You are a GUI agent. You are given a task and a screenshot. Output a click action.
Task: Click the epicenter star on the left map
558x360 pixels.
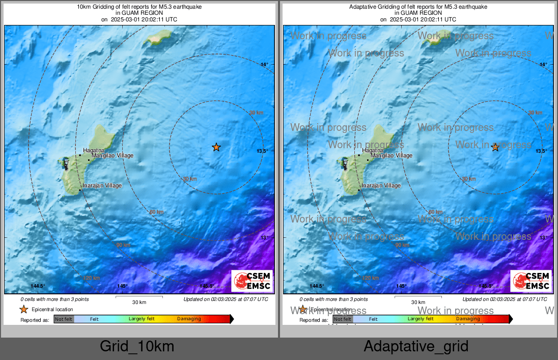[x=216, y=147]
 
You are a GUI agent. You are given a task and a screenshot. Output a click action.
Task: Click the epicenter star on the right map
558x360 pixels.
[x=495, y=147]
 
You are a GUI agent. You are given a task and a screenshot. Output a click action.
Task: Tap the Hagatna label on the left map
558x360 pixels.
[x=94, y=150]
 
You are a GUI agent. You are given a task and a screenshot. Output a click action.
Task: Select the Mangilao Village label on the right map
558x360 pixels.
[x=391, y=155]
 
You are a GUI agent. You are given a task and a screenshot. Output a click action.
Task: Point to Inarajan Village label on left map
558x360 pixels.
[x=102, y=186]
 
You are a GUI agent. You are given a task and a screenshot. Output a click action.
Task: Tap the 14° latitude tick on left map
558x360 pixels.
[x=264, y=65]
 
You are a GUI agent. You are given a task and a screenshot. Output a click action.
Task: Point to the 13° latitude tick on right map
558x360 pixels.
[x=543, y=238]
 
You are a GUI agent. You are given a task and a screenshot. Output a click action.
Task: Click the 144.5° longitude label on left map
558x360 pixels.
[x=38, y=286]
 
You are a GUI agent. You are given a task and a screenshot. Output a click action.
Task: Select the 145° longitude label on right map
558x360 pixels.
[x=401, y=286]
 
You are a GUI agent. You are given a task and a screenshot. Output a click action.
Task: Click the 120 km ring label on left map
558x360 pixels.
[x=92, y=278]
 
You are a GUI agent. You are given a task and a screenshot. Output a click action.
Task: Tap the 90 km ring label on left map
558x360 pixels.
[x=123, y=245]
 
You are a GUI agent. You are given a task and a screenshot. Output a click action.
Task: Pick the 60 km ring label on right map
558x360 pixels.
[x=436, y=212]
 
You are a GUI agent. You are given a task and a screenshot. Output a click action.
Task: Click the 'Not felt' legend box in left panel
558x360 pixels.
[x=64, y=319]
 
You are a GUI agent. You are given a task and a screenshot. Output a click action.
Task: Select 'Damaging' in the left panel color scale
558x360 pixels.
[x=189, y=319]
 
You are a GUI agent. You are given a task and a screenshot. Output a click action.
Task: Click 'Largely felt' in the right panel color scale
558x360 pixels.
[x=421, y=319]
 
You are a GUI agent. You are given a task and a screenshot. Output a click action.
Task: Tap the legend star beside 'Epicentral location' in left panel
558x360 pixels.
[x=23, y=309]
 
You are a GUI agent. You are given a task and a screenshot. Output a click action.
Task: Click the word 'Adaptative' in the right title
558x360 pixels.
[x=365, y=7]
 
